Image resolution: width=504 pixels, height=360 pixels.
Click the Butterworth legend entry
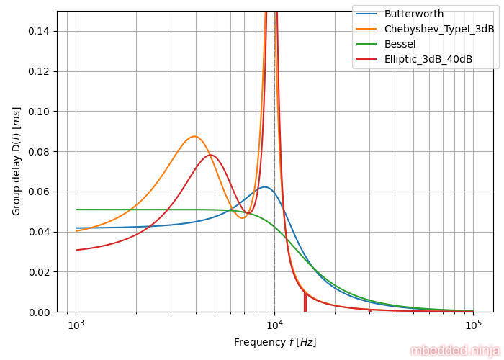(x=413, y=14)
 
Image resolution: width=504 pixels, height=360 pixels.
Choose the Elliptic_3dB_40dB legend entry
(x=428, y=60)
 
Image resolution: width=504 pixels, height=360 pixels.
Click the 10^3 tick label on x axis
(x=76, y=325)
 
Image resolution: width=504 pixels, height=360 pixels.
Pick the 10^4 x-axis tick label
(x=274, y=325)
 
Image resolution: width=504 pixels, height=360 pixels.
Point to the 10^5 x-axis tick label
(x=473, y=325)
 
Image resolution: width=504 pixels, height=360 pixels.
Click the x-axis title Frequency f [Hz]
(x=274, y=343)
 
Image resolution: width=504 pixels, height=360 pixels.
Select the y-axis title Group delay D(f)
(x=17, y=161)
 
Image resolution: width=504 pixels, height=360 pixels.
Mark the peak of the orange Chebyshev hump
(x=194, y=136)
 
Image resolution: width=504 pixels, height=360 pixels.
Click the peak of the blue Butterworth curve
(x=265, y=187)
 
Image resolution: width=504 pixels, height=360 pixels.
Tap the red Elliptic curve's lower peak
(x=210, y=155)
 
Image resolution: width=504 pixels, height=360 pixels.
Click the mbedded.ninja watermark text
(x=455, y=351)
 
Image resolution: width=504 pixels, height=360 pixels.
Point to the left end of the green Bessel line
(x=76, y=210)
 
